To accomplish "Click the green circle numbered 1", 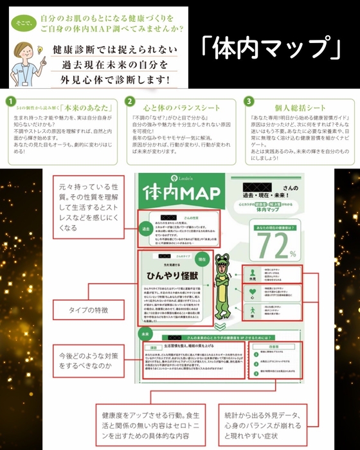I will pyautogui.click(x=10, y=102).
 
